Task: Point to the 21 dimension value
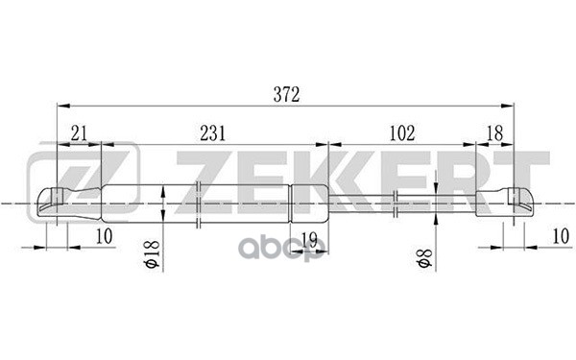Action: [79, 133]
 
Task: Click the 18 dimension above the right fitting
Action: [493, 133]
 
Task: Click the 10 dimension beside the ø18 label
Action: [104, 237]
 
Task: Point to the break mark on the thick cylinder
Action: [196, 203]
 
